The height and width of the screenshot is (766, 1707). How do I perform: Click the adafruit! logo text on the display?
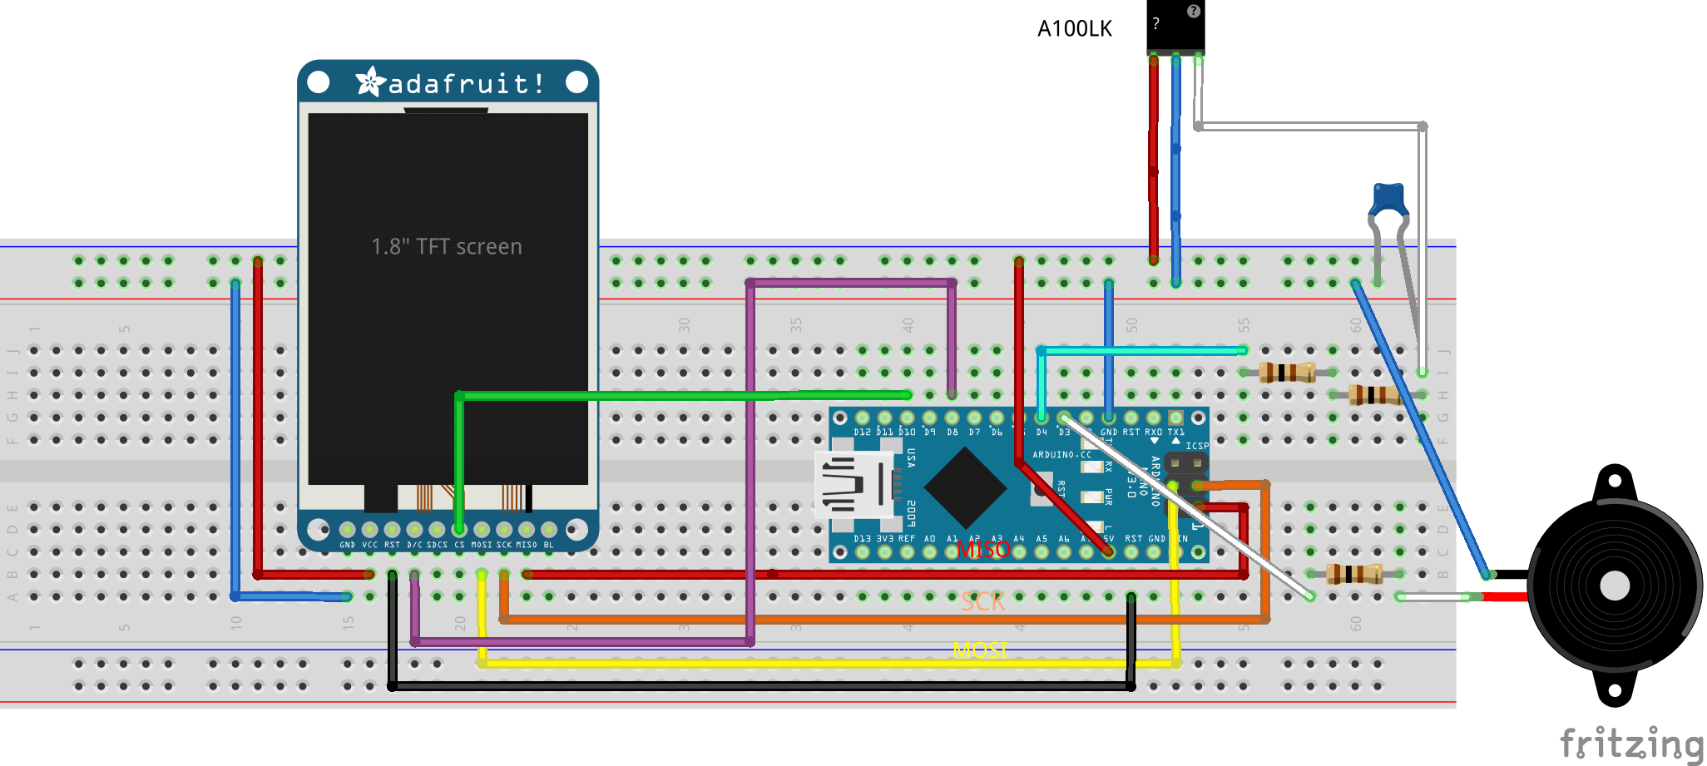[x=466, y=84]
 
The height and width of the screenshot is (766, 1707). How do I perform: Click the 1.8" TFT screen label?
[x=447, y=247]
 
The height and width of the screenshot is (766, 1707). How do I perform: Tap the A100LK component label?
[x=1074, y=29]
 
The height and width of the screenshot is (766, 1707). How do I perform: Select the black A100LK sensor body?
[x=1175, y=25]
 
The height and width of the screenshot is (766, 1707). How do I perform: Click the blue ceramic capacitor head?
[x=1388, y=199]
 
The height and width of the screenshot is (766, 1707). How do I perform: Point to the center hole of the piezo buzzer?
[x=1614, y=586]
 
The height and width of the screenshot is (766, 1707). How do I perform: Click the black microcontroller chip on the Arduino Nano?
[x=965, y=487]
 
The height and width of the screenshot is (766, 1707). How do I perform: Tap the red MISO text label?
[x=982, y=550]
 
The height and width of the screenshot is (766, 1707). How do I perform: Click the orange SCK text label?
[x=982, y=602]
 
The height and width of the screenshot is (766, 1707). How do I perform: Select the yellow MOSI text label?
[x=980, y=650]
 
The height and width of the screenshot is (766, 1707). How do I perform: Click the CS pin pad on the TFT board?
[x=459, y=530]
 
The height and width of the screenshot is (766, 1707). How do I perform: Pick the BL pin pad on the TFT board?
[x=549, y=530]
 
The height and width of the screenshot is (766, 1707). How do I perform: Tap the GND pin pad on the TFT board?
[x=348, y=530]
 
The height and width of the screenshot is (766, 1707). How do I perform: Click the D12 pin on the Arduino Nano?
[x=863, y=418]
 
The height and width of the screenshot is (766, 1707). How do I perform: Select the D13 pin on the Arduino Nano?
[x=863, y=552]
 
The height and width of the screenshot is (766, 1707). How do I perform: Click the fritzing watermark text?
[x=1630, y=743]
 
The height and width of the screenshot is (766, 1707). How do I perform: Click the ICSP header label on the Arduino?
[x=1196, y=446]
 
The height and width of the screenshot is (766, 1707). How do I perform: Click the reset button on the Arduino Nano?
[x=1042, y=491]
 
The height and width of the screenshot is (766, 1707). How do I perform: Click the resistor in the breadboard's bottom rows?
[x=1354, y=573]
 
